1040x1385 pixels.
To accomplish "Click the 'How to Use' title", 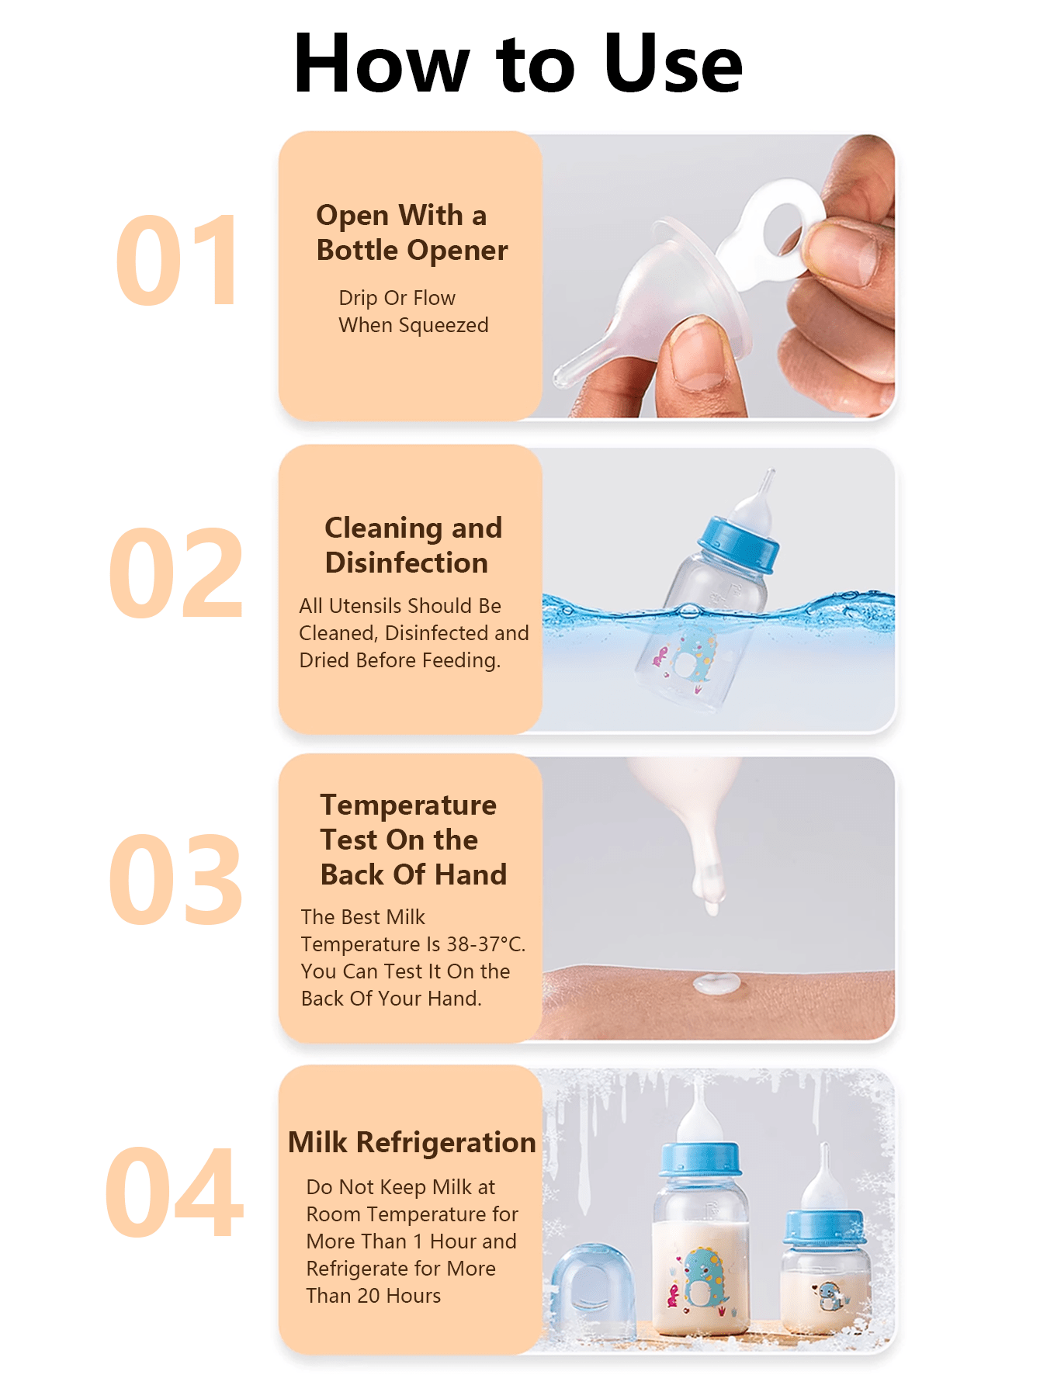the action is coord(518,64).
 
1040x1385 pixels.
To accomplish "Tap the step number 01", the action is coord(177,261).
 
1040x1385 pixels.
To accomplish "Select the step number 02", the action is coord(176,573).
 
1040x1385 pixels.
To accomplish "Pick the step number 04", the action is coord(175,1193).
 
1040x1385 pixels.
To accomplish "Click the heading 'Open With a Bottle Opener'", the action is coord(411,233).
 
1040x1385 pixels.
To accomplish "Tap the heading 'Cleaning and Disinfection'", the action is coord(413,545).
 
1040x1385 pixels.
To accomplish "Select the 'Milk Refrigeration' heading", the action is coord(411,1142).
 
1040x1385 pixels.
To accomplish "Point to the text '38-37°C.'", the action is coord(486,944).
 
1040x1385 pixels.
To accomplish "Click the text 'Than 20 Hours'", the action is coord(373,1296).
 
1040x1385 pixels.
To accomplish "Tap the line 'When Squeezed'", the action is coord(414,325).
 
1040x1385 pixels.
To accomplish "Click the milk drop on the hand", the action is coord(717,983).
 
